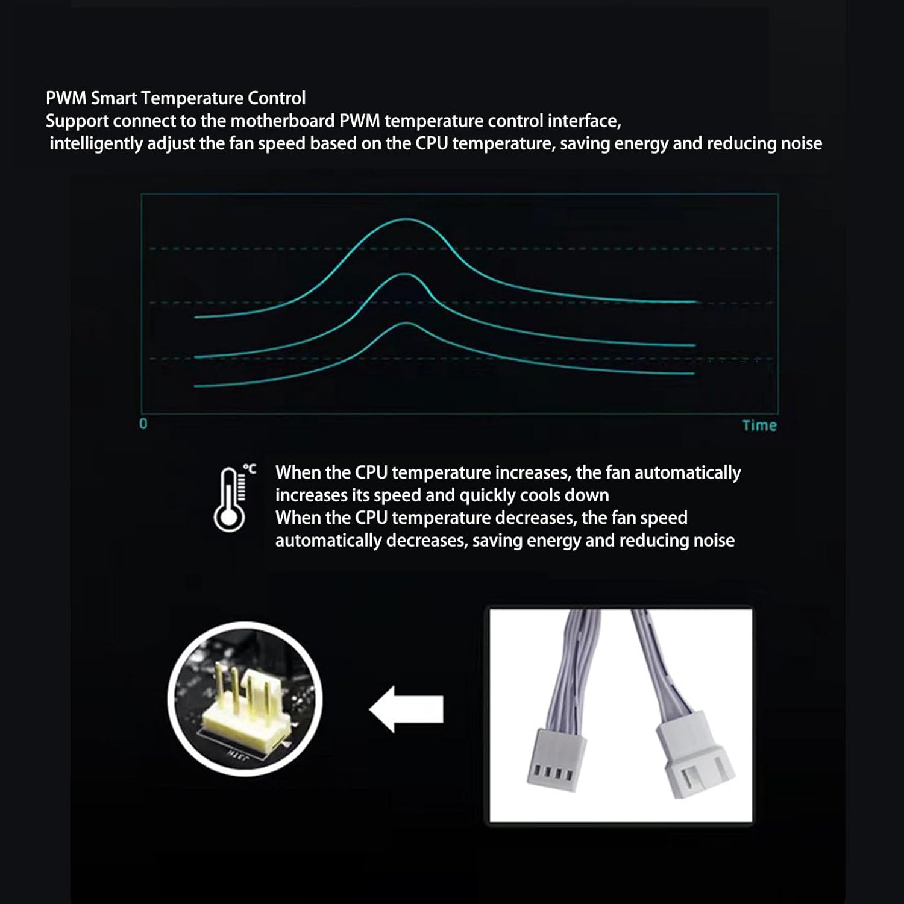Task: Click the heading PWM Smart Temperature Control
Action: click(175, 98)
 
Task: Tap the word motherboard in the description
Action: click(282, 121)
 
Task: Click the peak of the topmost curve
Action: click(407, 219)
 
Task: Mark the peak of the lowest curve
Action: click(407, 324)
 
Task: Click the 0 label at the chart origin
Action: click(143, 424)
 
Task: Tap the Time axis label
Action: click(759, 425)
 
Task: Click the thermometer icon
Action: click(230, 500)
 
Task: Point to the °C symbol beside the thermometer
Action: click(250, 469)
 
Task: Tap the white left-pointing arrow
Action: click(407, 709)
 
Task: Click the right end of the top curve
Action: click(695, 301)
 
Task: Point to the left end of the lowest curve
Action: click(196, 386)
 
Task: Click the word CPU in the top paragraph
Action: click(432, 144)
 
